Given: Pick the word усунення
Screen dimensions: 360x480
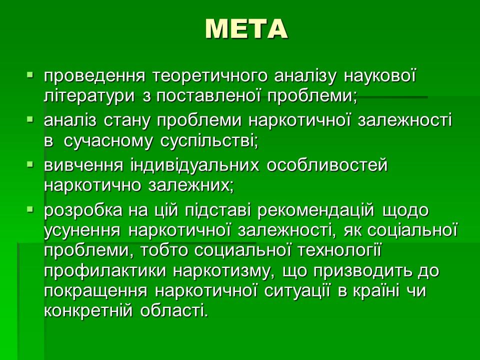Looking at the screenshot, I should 81,231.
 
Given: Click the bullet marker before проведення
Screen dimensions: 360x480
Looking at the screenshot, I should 30,76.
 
